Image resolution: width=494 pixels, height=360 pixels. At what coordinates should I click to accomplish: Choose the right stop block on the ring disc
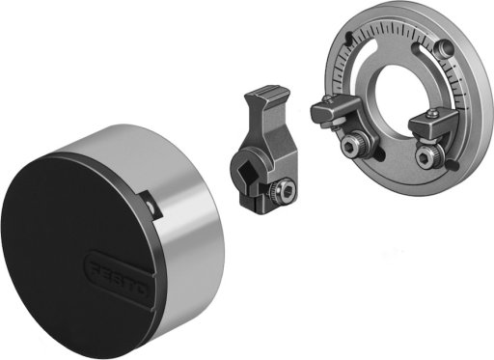tap(432, 123)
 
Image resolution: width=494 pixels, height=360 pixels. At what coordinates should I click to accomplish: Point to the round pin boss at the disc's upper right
tap(443, 47)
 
